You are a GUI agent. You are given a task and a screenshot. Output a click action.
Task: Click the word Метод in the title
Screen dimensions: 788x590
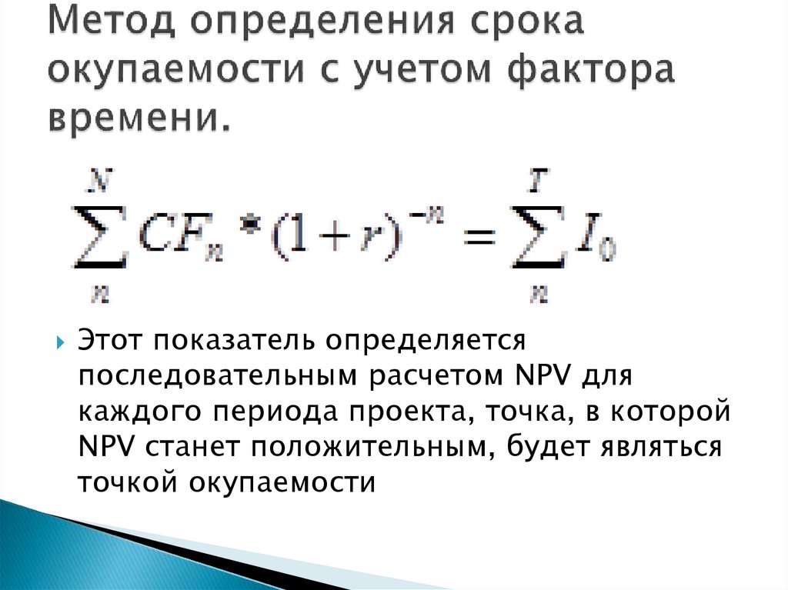112,22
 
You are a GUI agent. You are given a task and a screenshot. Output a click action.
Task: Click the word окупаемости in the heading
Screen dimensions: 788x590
176,70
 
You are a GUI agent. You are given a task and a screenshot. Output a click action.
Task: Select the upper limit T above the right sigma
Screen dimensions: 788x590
539,181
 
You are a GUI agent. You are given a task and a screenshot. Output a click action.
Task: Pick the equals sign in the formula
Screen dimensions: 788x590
479,236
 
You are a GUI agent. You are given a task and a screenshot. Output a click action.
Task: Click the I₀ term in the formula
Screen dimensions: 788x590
595,242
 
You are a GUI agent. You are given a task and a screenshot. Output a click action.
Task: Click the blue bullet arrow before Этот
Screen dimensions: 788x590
61,343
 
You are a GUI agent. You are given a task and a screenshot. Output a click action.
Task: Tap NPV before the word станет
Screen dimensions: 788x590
106,446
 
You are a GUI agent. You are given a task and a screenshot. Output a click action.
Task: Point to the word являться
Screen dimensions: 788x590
661,447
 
